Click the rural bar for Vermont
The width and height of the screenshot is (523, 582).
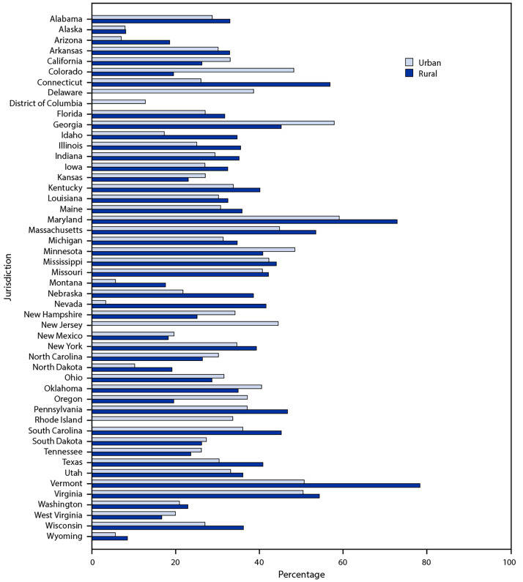click(256, 485)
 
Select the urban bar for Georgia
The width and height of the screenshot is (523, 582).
click(213, 122)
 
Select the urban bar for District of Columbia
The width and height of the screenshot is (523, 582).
click(119, 101)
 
